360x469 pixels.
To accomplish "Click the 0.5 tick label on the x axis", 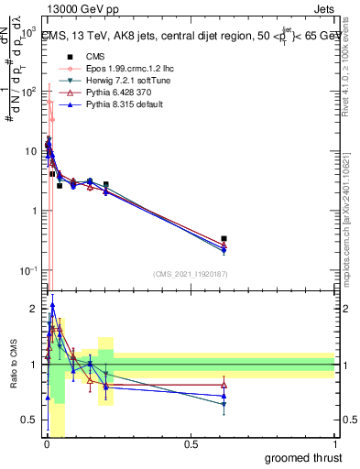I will pyautogui.click(x=191, y=444).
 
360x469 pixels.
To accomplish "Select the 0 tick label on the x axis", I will pyautogui.click(x=46, y=444).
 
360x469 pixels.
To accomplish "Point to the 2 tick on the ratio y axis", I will pyautogui.click(x=33, y=308).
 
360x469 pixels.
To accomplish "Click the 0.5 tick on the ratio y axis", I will pyautogui.click(x=30, y=420).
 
